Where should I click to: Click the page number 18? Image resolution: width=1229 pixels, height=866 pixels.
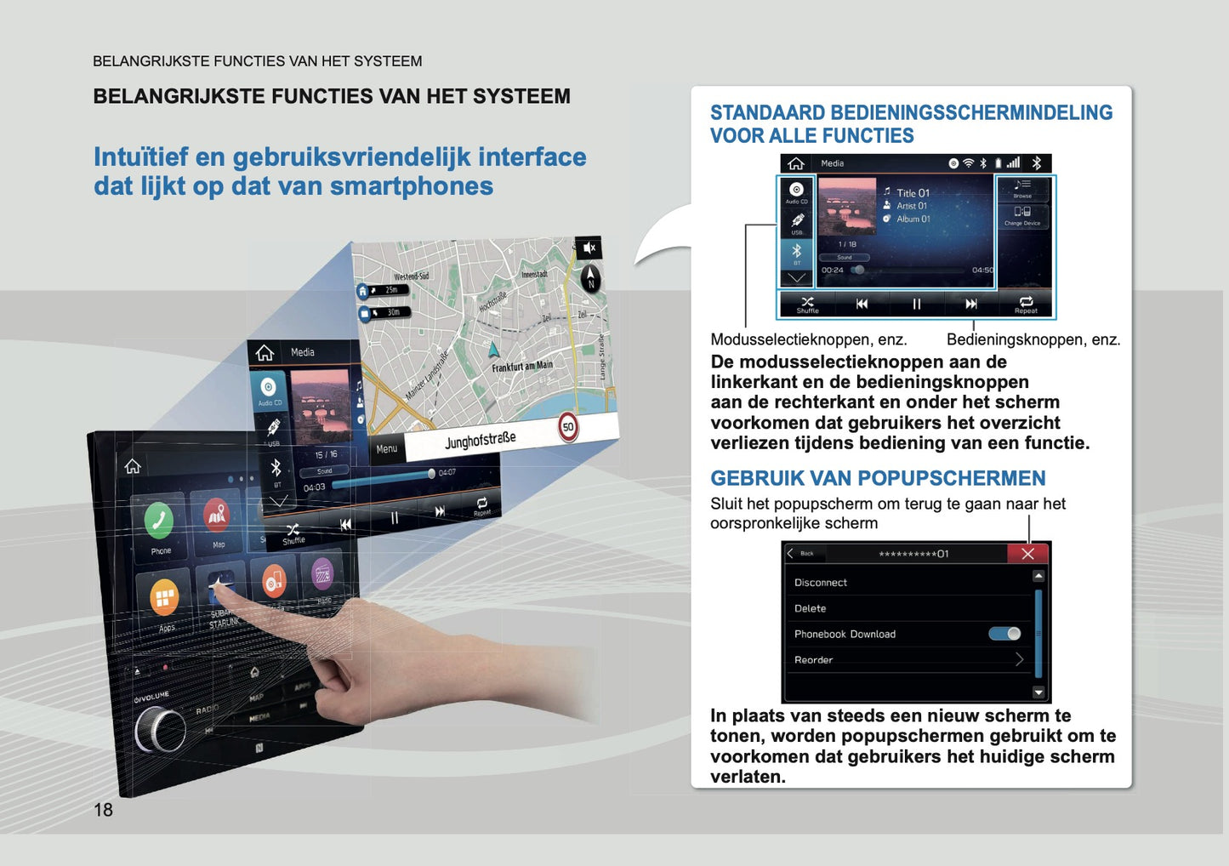point(103,810)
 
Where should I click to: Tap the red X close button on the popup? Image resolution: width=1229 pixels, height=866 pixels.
point(1027,554)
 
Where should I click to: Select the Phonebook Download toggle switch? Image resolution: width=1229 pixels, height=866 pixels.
point(1004,634)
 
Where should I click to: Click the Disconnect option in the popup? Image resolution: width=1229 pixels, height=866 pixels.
point(821,583)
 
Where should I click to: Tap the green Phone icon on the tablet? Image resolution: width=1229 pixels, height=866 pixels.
point(159,521)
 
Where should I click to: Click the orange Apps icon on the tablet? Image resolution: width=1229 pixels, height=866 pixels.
point(164,597)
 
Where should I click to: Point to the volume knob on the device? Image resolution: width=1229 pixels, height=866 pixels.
point(160,730)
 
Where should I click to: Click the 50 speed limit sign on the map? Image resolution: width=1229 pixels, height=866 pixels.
point(568,427)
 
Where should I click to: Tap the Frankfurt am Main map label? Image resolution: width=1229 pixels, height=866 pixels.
point(521,367)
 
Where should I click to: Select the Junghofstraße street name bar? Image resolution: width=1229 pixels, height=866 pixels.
point(481,440)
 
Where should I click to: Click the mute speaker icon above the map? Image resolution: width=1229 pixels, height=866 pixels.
point(589,248)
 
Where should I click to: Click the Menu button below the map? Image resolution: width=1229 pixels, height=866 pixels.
point(387,448)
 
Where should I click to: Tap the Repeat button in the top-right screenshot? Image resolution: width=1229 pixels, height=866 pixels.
point(1026,304)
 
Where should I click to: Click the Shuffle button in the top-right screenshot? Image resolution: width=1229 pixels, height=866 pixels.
point(807,304)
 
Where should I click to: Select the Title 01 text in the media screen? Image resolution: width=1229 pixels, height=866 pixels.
point(913,193)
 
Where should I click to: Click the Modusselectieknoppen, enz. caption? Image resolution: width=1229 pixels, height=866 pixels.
point(808,339)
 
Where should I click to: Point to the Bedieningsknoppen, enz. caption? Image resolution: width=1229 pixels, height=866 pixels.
point(1033,339)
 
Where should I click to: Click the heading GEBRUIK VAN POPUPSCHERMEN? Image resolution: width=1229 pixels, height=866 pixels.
point(878,478)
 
